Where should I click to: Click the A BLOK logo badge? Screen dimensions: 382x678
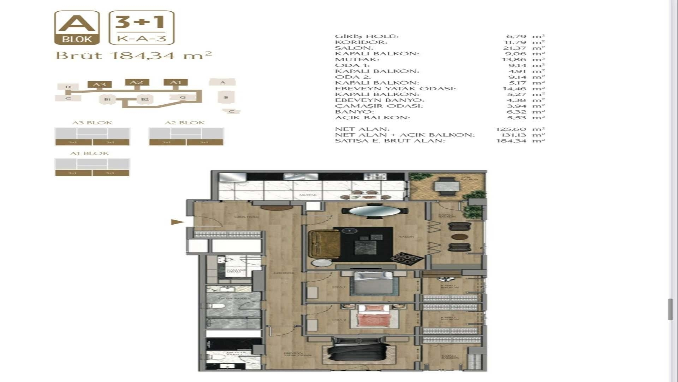[x=77, y=28]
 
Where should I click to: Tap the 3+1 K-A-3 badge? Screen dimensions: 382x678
[x=142, y=28]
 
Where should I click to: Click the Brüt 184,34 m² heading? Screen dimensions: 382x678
[x=134, y=56]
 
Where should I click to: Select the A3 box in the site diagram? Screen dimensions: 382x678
[x=100, y=84]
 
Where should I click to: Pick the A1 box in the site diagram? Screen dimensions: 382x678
[x=176, y=82]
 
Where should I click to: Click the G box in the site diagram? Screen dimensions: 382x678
[x=183, y=97]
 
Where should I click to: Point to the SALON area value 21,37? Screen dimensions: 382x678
[x=516, y=48]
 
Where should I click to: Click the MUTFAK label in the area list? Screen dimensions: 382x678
[x=352, y=59]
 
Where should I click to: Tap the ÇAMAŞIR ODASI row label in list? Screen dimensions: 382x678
[x=379, y=106]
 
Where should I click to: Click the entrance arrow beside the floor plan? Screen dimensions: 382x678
[x=177, y=222]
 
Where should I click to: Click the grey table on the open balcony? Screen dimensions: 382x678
[x=447, y=186]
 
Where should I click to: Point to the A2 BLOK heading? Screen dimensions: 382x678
[x=185, y=123]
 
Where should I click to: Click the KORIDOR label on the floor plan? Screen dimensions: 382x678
[x=284, y=273]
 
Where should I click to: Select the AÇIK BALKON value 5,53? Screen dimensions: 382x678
[x=517, y=117]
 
